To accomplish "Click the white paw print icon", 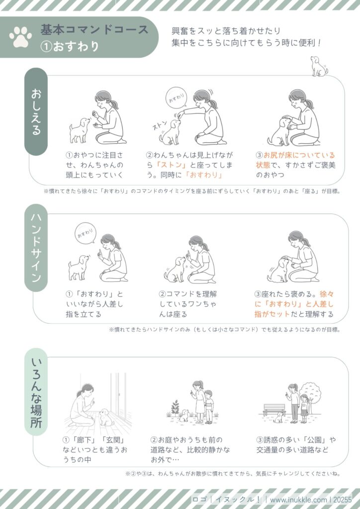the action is [x=20, y=37].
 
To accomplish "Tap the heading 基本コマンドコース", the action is [x=94, y=29].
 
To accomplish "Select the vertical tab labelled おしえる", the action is [x=36, y=111].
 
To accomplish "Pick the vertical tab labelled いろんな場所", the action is [x=36, y=392].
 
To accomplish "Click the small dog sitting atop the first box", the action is [x=319, y=67].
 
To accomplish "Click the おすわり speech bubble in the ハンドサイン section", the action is [x=86, y=233].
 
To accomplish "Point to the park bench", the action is [x=274, y=410].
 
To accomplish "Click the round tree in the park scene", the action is [x=310, y=394].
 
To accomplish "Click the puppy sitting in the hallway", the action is [x=106, y=418].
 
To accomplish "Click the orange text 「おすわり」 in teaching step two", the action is [x=204, y=174].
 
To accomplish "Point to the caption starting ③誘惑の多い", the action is [x=296, y=445].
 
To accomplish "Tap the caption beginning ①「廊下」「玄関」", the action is [x=95, y=449].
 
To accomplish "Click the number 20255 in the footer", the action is [x=342, y=500].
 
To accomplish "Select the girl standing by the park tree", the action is [x=304, y=409].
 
